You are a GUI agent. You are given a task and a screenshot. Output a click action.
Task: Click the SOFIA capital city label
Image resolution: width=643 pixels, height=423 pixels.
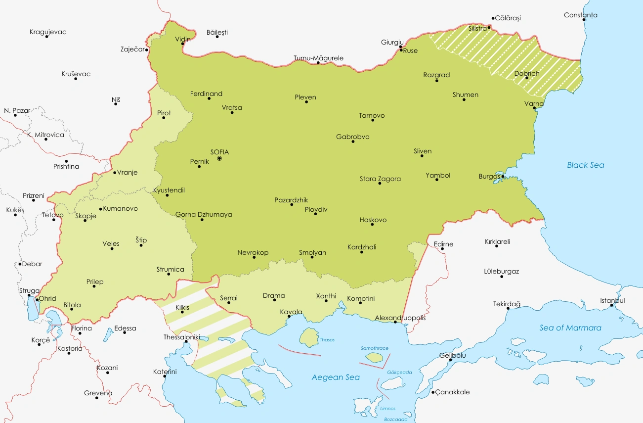tap(219, 152)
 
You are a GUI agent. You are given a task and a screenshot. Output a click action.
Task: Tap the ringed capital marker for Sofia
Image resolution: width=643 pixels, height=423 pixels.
tap(219, 159)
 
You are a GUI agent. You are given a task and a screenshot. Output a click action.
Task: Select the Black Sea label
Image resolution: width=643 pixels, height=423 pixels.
tap(585, 165)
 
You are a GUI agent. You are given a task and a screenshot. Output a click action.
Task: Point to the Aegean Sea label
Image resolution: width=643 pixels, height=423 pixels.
tap(335, 377)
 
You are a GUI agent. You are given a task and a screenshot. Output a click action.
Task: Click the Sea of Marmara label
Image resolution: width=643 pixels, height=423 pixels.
tap(570, 328)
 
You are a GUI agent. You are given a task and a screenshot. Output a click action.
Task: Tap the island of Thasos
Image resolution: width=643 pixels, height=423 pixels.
tap(309, 338)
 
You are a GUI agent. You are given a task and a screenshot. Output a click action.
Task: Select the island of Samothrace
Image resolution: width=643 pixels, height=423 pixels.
tap(374, 357)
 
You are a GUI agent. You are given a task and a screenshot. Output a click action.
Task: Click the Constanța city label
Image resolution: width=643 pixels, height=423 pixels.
tap(580, 15)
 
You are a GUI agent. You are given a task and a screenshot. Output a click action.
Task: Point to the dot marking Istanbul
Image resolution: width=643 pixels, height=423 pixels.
tap(612, 305)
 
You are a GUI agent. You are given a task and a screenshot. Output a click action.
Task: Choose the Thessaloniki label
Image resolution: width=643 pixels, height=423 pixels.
tap(181, 337)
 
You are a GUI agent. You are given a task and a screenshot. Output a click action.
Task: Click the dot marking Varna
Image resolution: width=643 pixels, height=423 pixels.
tap(535, 108)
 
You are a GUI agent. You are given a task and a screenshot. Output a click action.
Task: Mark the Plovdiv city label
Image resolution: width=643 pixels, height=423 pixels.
tap(316, 209)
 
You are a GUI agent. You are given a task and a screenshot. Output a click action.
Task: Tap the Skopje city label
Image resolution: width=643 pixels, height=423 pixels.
tap(86, 216)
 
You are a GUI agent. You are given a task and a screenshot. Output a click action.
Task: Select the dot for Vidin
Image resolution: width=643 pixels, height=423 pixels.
tap(183, 44)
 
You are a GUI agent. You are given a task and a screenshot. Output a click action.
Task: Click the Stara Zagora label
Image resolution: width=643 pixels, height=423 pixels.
tap(380, 179)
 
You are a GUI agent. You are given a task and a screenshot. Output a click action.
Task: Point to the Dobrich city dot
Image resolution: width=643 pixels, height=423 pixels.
tap(527, 78)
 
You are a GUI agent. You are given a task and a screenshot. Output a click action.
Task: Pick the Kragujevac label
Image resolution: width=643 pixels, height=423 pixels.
tap(48, 32)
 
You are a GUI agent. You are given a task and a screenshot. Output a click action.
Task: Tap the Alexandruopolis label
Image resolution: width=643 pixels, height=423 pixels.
tap(400, 318)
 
